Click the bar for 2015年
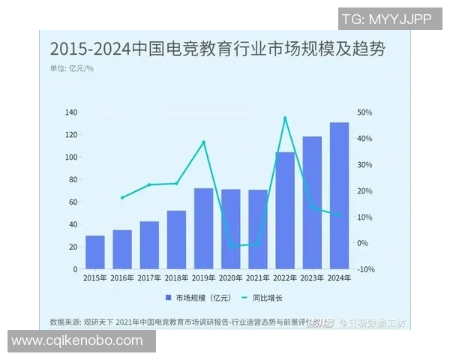click(x=95, y=252)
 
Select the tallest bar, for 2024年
click(x=339, y=196)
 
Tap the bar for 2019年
click(x=203, y=229)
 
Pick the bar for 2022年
click(x=285, y=211)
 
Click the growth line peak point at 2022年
click(x=285, y=118)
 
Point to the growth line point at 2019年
click(x=203, y=142)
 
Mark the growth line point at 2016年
click(x=122, y=198)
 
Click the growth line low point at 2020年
click(x=230, y=245)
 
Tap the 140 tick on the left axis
click(x=71, y=112)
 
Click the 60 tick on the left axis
click(x=73, y=202)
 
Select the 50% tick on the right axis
click(x=364, y=112)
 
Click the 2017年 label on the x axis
click(x=149, y=278)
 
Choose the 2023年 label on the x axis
click(x=312, y=278)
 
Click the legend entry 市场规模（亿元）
click(x=199, y=298)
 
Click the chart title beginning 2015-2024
click(x=217, y=50)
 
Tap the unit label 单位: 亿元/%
click(x=72, y=69)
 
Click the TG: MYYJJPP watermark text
click(x=386, y=19)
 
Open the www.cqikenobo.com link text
click(x=77, y=341)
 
